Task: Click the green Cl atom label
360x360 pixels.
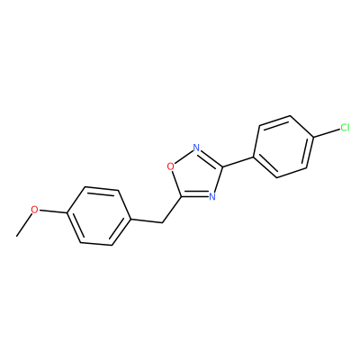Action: tap(345, 128)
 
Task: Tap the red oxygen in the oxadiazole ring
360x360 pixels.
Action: tap(170, 166)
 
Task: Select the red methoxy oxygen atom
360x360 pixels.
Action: tap(35, 210)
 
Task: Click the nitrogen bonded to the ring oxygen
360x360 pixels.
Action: tap(196, 148)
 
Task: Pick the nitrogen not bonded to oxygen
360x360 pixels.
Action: tap(212, 197)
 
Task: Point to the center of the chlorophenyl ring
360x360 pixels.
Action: tap(283, 147)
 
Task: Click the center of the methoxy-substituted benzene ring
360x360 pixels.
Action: tap(99, 216)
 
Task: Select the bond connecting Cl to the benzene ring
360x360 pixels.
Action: tap(327, 133)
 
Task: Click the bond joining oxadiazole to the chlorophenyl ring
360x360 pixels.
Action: tap(238, 162)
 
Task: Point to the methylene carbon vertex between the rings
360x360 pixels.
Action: tap(162, 222)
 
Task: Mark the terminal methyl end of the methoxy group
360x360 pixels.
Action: tap(17, 236)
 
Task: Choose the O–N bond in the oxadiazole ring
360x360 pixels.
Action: tap(184, 157)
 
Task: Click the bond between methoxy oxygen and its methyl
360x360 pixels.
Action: tap(25, 224)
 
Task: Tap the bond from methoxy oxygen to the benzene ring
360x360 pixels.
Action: tap(53, 211)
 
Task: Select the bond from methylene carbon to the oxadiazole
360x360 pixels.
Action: tap(171, 210)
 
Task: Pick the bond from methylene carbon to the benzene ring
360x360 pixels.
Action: tap(147, 221)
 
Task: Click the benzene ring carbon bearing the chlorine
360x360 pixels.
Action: tap(314, 138)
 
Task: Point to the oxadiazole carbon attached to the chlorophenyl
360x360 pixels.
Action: tap(222, 166)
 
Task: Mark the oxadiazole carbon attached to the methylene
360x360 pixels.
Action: tap(180, 197)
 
